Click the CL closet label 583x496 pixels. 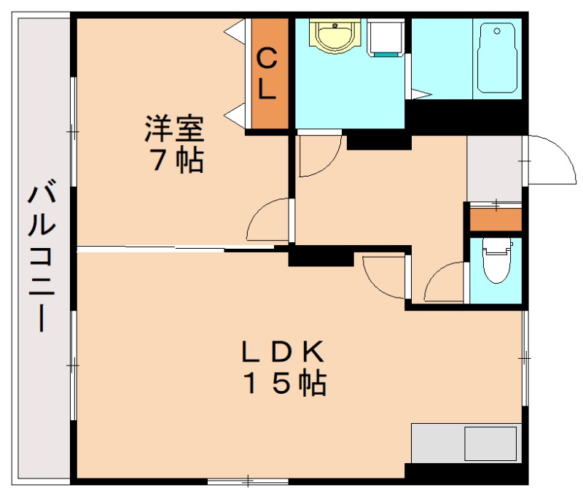pos(267,73)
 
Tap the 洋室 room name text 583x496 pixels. pos(173,129)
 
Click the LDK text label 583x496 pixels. pos(283,352)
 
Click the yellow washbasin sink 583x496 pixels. pos(334,36)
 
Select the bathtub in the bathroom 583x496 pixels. pos(498,58)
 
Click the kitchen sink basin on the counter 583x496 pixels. pos(490,443)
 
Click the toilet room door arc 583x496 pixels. pos(443,284)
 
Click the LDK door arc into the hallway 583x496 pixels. pos(383,277)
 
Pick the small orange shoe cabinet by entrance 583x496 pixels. pos(496,219)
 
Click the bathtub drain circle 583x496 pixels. pos(497,31)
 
